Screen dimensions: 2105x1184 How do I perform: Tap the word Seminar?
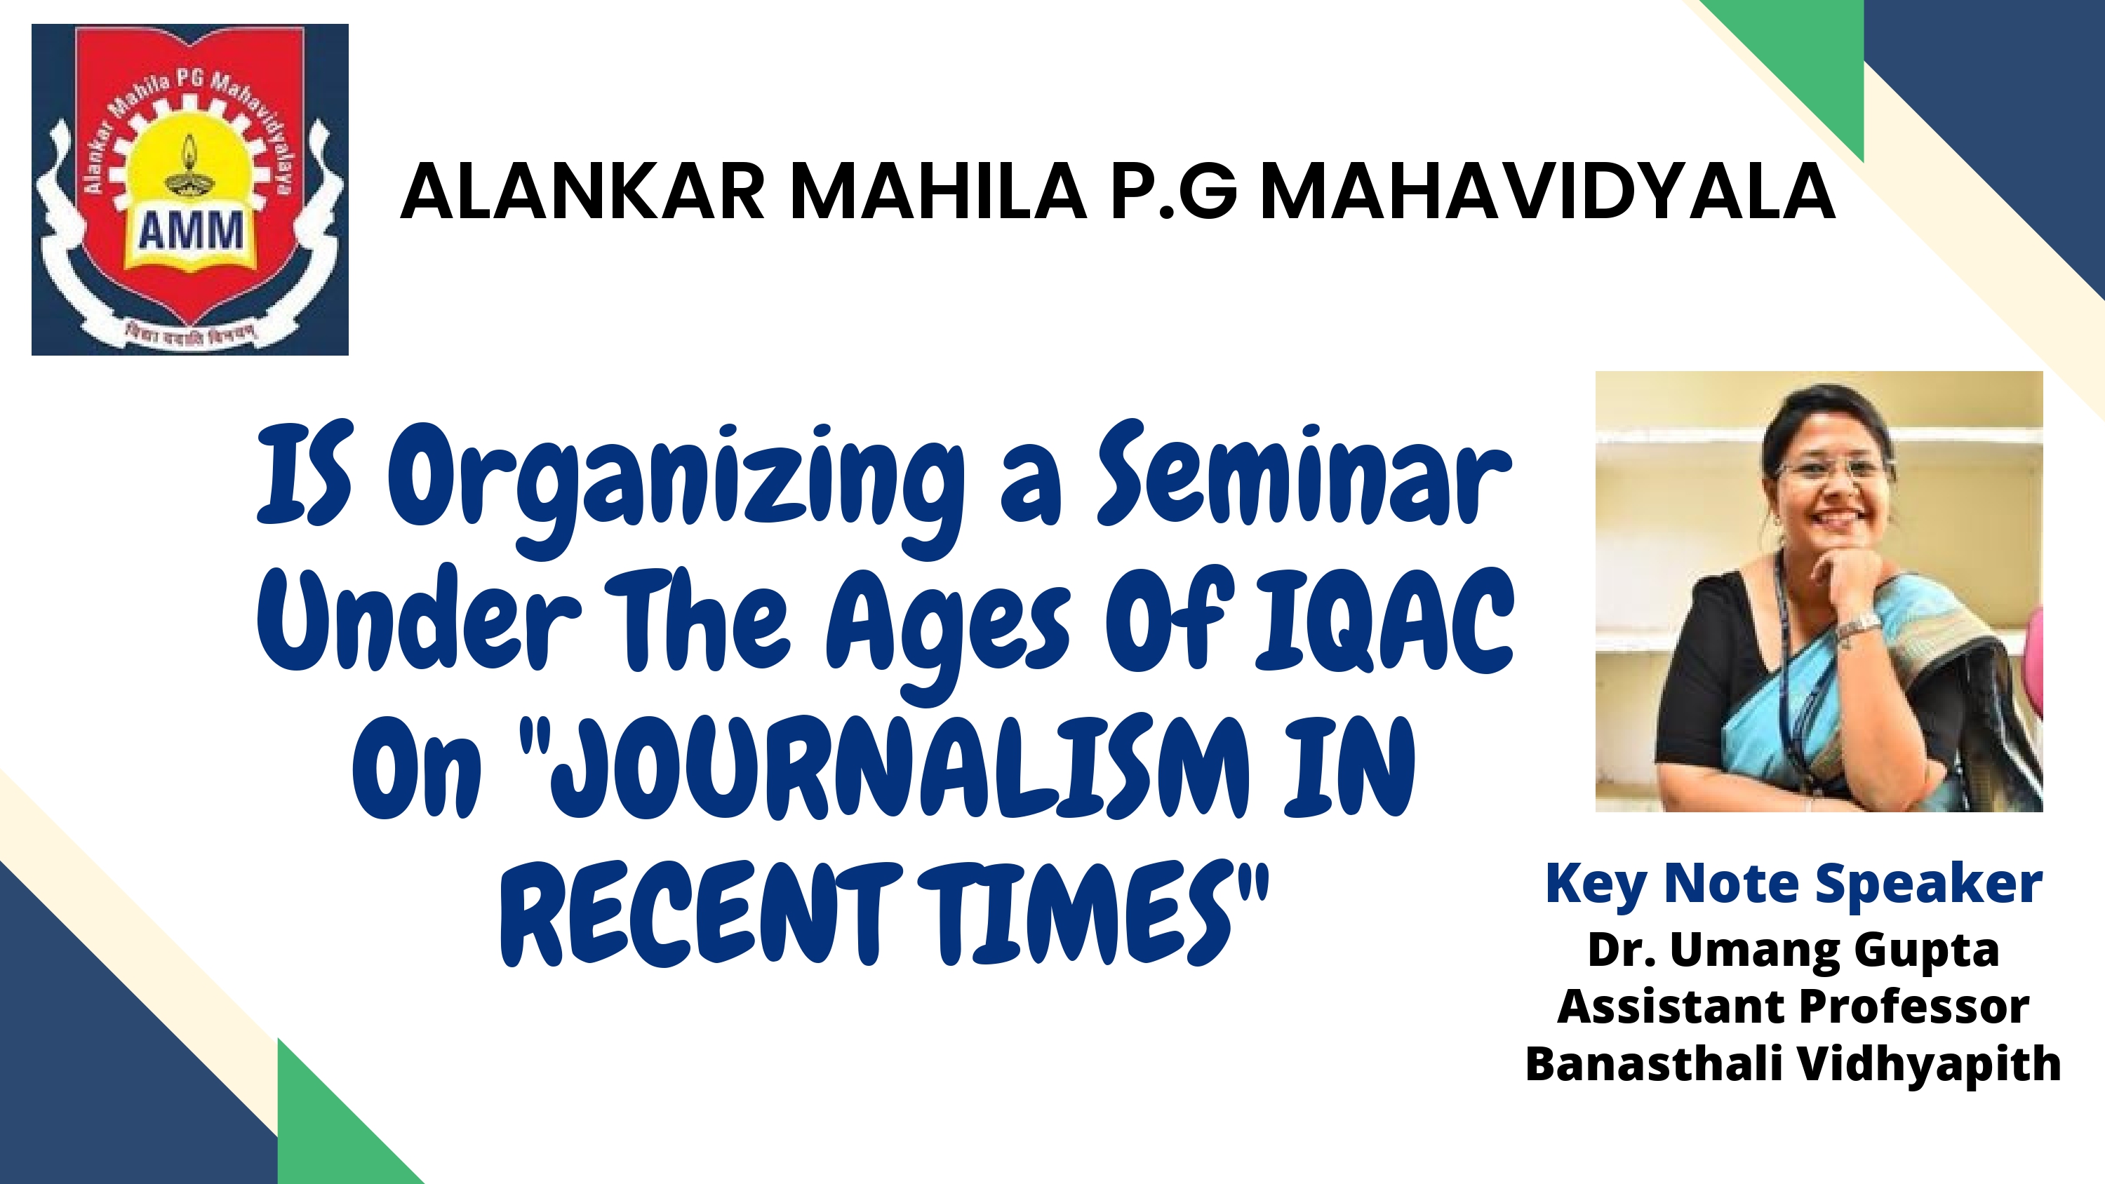[x=1304, y=474]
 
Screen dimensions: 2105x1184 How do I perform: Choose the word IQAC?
[x=1384, y=621]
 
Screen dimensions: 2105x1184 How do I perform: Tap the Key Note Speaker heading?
[x=1793, y=886]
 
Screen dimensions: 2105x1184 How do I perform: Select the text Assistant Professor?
[x=1793, y=1006]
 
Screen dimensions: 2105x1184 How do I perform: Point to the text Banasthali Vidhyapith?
[x=1793, y=1065]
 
